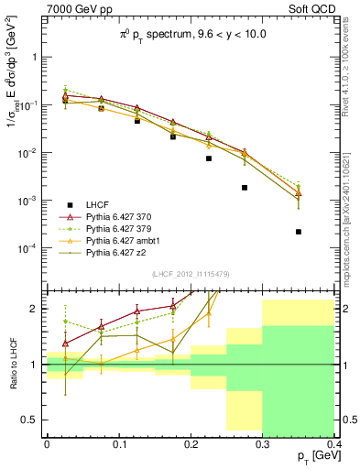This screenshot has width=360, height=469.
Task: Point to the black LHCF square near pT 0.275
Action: (x=245, y=187)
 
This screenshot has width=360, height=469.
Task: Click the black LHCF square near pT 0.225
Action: (x=209, y=158)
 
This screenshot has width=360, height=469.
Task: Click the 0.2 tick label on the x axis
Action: (x=191, y=442)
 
